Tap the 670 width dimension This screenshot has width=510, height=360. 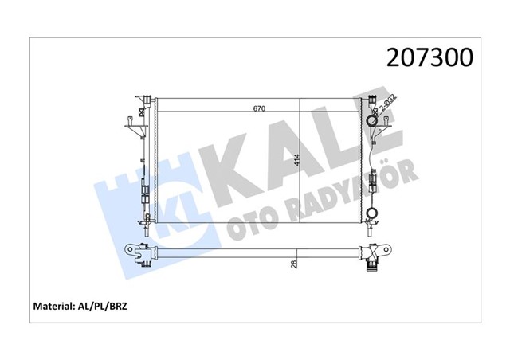click(x=259, y=108)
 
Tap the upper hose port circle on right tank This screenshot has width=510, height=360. click(x=372, y=121)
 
